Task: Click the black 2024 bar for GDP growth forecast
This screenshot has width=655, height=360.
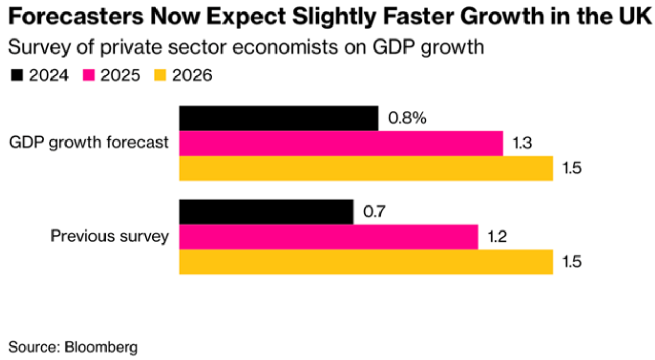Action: [279, 118]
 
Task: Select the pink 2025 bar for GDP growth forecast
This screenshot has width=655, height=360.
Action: [341, 143]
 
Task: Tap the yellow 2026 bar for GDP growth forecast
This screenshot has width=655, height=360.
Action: [366, 168]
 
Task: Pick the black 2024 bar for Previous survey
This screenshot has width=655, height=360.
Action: [266, 212]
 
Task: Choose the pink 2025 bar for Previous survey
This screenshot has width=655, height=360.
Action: [329, 237]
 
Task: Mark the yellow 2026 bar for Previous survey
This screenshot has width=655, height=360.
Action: [366, 262]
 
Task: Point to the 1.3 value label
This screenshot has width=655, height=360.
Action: [522, 143]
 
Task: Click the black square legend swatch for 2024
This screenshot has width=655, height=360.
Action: [17, 75]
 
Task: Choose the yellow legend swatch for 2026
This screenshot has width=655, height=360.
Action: [161, 75]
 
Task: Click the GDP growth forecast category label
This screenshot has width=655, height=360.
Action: [89, 143]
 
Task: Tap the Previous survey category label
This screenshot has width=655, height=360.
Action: [110, 236]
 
